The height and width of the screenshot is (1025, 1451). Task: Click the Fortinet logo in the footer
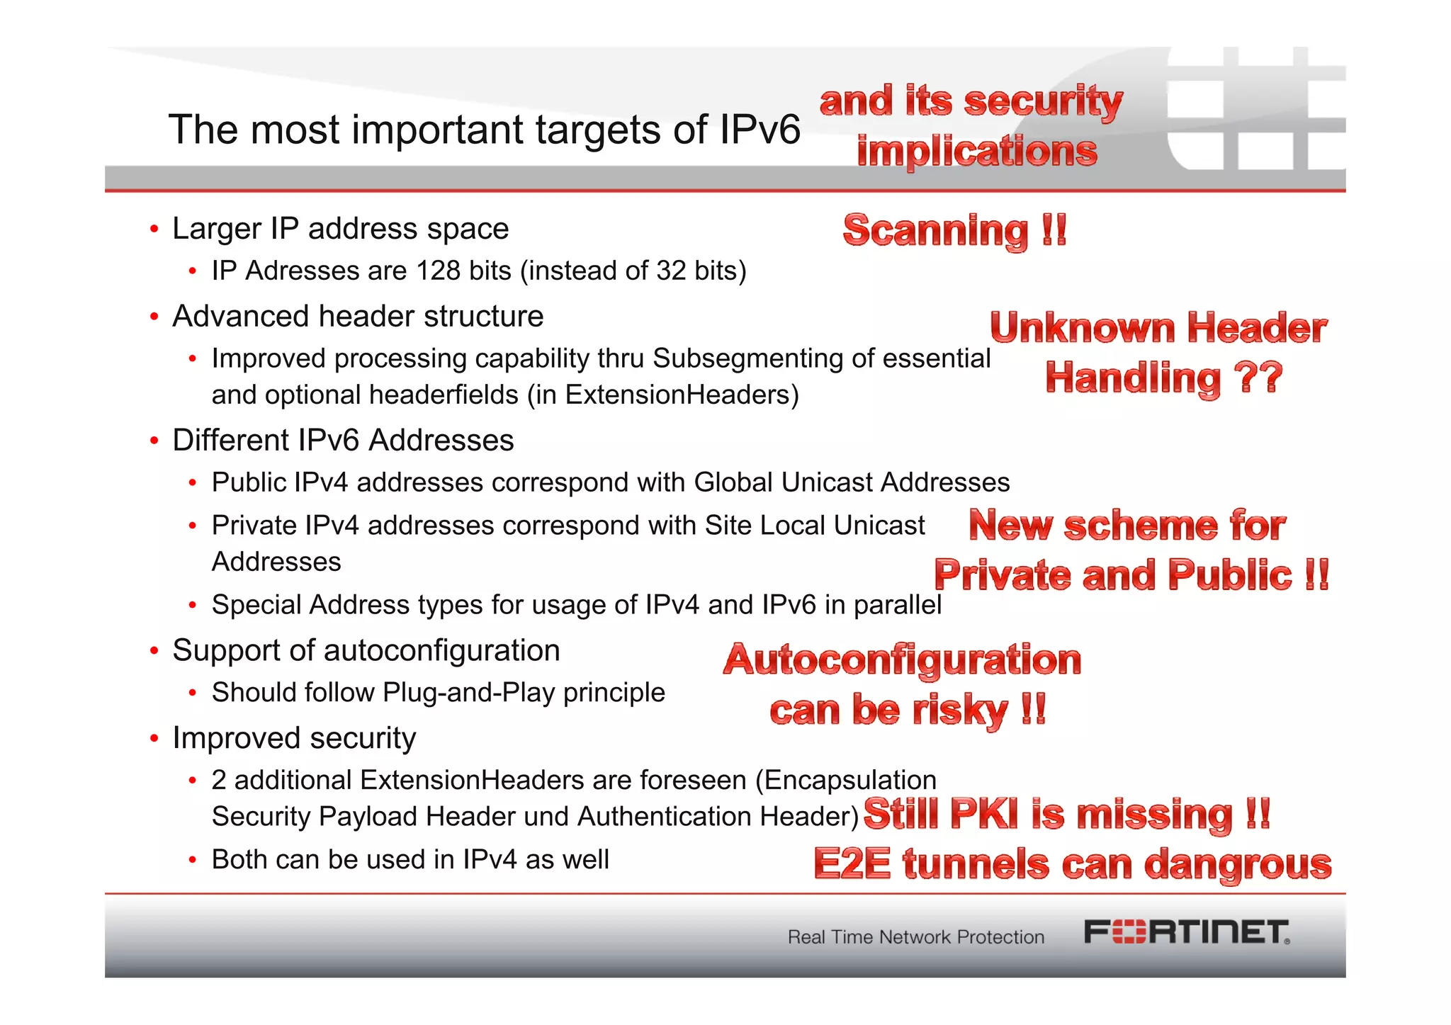[1187, 932]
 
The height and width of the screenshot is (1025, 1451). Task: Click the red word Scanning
[935, 231]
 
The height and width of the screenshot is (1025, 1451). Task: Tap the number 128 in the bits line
[438, 271]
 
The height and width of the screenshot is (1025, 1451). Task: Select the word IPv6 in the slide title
[760, 130]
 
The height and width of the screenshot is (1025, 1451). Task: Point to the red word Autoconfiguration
[902, 660]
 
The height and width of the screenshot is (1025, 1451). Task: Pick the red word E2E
[852, 864]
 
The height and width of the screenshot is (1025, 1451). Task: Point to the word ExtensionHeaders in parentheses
[677, 395]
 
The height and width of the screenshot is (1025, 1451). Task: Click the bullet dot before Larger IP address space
[154, 230]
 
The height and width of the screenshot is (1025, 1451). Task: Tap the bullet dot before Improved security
[154, 739]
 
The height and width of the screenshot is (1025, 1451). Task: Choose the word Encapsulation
[850, 780]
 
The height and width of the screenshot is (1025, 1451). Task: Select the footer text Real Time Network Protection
[916, 937]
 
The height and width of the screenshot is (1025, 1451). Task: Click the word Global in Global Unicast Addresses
[733, 482]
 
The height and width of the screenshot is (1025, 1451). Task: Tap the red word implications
[977, 152]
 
